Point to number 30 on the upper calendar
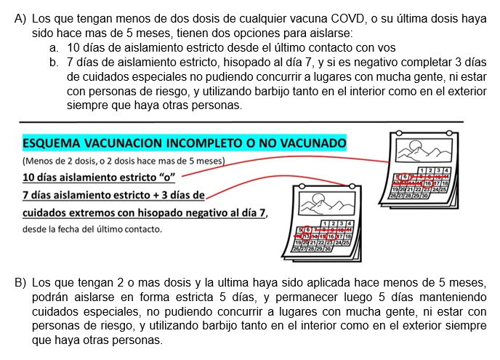coord(424,196)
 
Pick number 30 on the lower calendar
coord(326,249)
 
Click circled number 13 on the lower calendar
coord(307,236)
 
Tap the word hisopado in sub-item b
coord(259,63)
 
